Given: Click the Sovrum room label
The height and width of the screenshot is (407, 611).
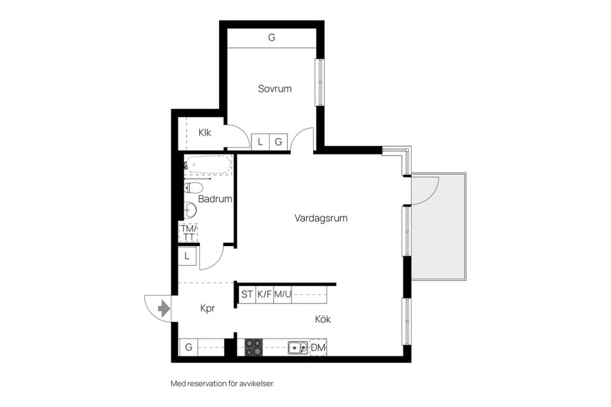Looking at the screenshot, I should [274, 88].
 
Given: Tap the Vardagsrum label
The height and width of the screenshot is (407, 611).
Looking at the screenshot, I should [321, 218].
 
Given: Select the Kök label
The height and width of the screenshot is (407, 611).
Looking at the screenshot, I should [322, 319].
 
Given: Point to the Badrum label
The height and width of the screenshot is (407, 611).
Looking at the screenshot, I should [214, 199].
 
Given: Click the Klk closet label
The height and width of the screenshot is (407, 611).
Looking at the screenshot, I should [204, 133].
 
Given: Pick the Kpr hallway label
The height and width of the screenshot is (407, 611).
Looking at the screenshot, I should [207, 308].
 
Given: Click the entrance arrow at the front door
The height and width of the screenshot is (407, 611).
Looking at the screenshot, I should [164, 309].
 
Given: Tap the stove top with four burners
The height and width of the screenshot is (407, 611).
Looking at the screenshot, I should [254, 347].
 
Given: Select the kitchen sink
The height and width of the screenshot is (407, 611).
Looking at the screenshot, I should [297, 347].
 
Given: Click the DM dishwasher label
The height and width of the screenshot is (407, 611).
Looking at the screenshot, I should [318, 347].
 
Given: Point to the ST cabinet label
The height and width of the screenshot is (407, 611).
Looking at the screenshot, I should [247, 294].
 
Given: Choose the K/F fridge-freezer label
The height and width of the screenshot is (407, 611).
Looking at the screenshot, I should [265, 294].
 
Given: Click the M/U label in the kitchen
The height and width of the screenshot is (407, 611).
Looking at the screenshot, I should [283, 294].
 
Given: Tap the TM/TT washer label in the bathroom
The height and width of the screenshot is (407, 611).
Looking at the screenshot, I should [188, 233].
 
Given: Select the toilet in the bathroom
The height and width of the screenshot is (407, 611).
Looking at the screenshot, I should [193, 188].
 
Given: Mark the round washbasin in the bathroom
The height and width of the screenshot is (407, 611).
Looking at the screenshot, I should [190, 210].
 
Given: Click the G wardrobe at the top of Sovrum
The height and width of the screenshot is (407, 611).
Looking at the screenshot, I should [272, 38].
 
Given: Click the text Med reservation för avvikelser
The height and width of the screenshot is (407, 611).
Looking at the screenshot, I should [222, 384].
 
